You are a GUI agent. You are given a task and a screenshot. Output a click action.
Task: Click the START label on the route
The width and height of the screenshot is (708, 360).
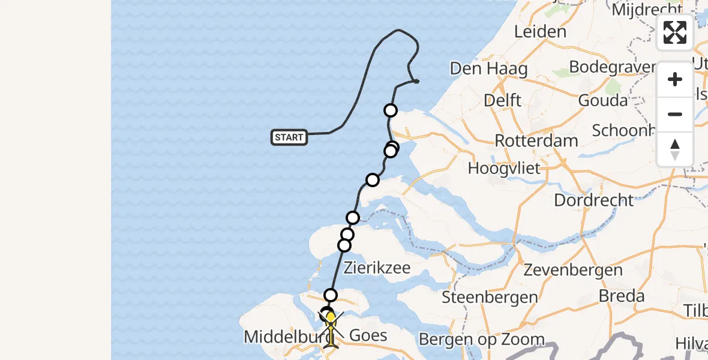point(289,137)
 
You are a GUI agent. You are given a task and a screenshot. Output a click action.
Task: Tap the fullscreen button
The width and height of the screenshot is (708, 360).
point(675,32)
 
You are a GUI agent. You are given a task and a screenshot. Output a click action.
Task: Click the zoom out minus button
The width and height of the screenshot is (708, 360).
point(675,114)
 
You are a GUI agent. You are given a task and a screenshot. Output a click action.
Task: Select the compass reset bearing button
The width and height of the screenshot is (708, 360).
point(675,149)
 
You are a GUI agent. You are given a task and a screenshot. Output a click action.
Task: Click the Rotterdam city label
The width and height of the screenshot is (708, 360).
point(536,141)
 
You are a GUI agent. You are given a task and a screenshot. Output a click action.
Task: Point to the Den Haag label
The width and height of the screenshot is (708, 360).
point(488,69)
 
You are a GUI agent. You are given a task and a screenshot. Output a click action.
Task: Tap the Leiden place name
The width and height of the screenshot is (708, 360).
point(540,31)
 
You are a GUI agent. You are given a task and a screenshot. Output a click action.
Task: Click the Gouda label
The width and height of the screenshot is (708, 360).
point(602,100)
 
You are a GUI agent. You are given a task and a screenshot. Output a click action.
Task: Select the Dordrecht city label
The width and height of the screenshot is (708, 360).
point(593,200)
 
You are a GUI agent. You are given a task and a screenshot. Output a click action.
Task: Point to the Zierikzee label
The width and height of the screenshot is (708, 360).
point(376,268)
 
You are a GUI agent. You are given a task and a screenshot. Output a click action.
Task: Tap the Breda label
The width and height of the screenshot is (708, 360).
point(622,296)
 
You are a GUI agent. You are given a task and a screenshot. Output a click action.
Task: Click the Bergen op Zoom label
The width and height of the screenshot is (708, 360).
point(481,340)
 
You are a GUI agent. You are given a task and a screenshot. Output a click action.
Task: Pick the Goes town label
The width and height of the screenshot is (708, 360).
point(368,335)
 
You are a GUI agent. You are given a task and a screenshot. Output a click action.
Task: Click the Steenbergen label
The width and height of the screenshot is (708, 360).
point(490,297)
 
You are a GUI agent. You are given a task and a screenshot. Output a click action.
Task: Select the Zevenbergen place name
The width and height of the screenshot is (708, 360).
point(573,270)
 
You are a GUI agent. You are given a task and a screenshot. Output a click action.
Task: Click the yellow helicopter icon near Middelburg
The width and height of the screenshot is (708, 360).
point(331,327)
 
